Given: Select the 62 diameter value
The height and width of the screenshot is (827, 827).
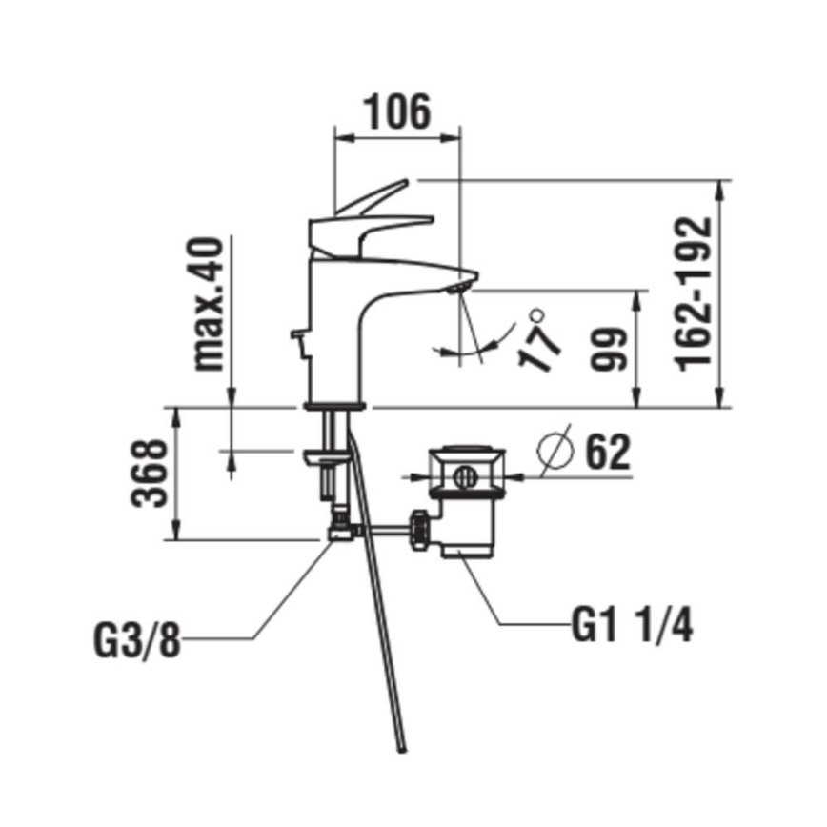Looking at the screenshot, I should coord(607,453).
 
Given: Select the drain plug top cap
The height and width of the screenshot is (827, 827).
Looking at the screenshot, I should coord(465,454).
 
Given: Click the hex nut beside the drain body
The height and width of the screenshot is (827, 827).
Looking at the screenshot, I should coord(420,529).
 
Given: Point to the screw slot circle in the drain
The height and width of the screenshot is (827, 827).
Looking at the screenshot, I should coord(467,474).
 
